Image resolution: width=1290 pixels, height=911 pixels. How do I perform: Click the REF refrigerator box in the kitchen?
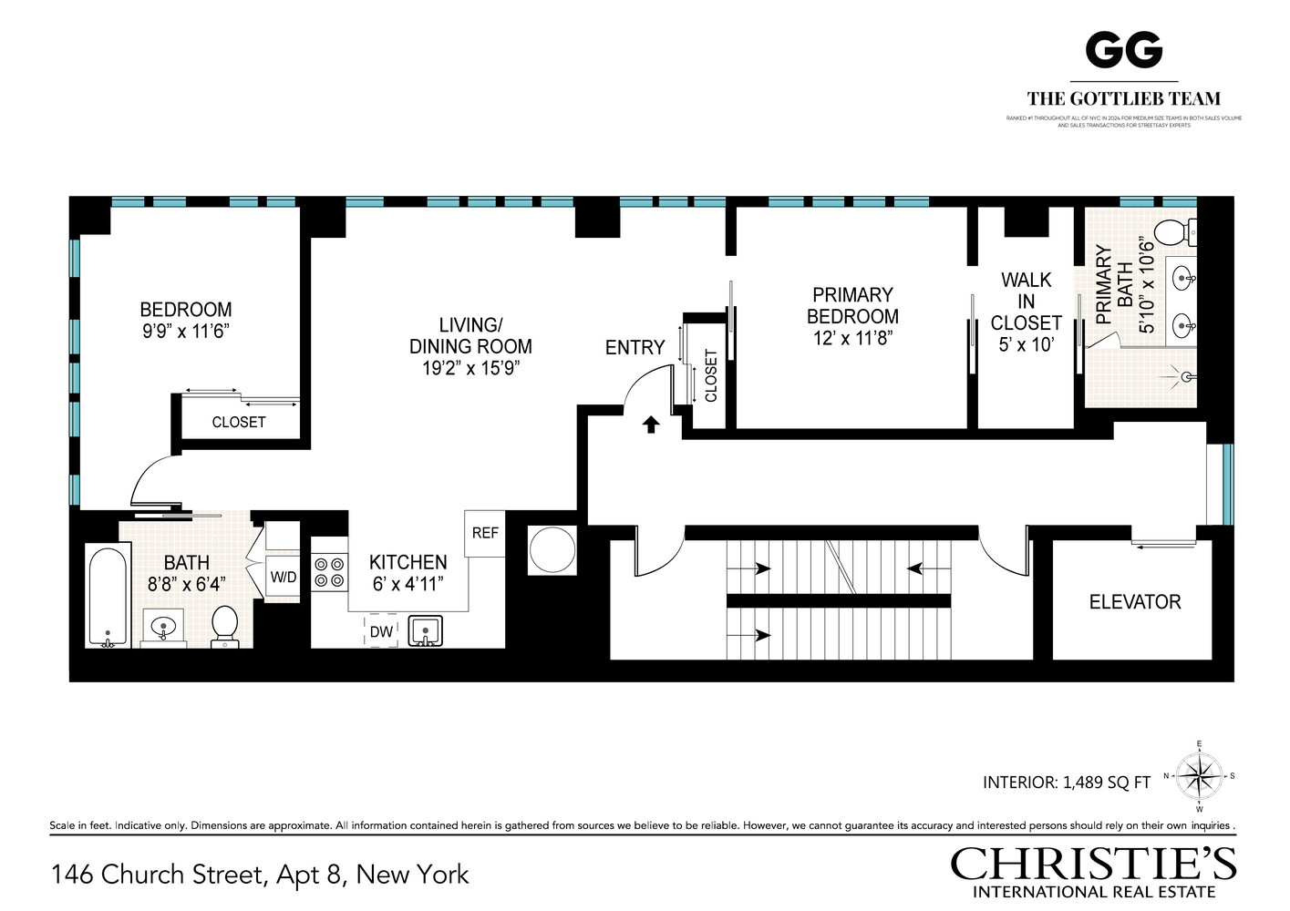tap(485, 533)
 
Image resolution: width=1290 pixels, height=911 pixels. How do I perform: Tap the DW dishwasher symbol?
tap(381, 631)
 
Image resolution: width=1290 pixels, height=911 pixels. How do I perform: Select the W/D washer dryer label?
tap(283, 578)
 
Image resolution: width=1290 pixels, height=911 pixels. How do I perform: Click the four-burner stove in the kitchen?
tap(330, 571)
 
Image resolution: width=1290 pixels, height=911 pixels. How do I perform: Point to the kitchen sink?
tap(426, 630)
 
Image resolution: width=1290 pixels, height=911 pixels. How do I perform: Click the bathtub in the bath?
tap(108, 596)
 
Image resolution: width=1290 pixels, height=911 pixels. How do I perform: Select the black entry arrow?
tap(651, 424)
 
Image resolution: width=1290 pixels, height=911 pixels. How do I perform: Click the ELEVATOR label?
tap(1134, 602)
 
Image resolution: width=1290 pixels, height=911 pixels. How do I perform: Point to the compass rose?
tap(1200, 776)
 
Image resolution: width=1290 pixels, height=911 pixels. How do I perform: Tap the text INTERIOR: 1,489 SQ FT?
tap(1066, 782)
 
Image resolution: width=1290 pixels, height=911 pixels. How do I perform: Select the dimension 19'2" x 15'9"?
tap(470, 369)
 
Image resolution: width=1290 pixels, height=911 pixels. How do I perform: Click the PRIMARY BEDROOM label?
tap(852, 305)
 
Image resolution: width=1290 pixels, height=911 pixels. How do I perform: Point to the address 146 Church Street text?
tap(260, 875)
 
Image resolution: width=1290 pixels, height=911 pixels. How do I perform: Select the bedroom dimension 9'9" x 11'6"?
tap(185, 332)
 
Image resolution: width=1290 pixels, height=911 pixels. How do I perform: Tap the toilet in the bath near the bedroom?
tap(224, 627)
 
